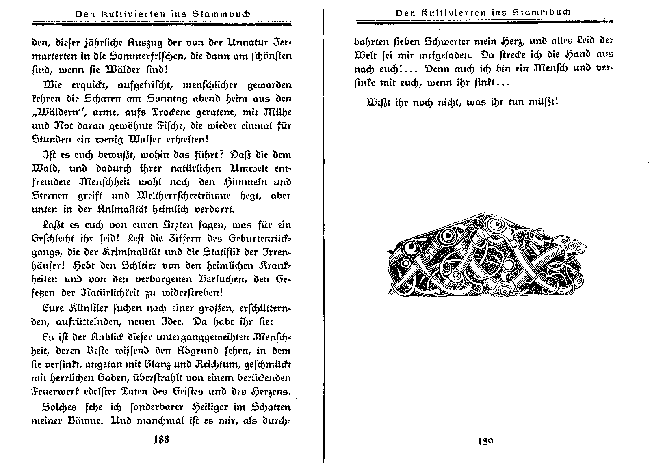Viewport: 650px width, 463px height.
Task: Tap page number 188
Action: click(x=161, y=440)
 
